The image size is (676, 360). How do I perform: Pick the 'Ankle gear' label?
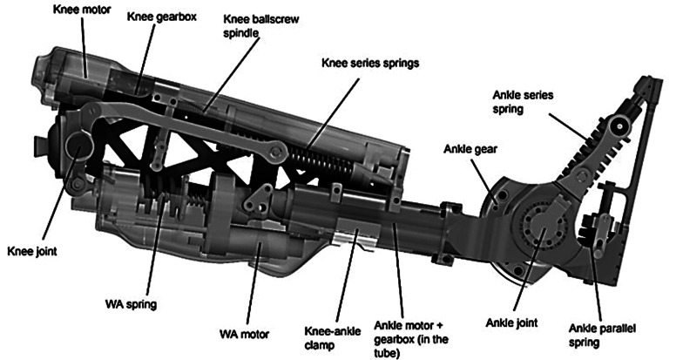(x=474, y=149)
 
